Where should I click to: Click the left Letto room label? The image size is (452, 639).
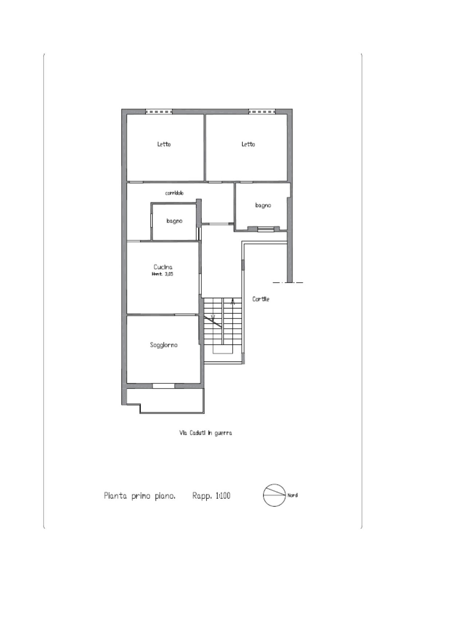pos(164,144)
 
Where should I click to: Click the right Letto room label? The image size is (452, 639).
pos(248,144)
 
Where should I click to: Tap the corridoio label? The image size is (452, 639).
pos(174,193)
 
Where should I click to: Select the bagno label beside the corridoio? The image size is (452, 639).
pos(174,221)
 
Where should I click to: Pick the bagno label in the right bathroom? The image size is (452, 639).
pos(263,205)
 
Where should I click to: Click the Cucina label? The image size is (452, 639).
pos(163,267)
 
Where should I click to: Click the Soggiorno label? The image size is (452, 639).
pos(164,345)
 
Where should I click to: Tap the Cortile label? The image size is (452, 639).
pos(261,299)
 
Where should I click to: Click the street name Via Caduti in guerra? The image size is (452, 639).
pos(205,433)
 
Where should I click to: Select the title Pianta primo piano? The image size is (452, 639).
pos(139,496)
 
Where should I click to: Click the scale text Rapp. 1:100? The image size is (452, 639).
pos(211,496)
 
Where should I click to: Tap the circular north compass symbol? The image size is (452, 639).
pos(274,495)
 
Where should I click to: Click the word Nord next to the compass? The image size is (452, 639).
pos(292,495)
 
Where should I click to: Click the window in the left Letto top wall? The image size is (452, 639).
pos(158,112)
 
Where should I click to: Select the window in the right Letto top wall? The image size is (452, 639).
pos(262,112)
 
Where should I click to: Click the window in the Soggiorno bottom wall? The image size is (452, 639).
pos(164,386)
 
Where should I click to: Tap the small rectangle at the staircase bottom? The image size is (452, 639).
pos(223,350)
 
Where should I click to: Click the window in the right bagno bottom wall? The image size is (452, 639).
pos(266,229)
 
